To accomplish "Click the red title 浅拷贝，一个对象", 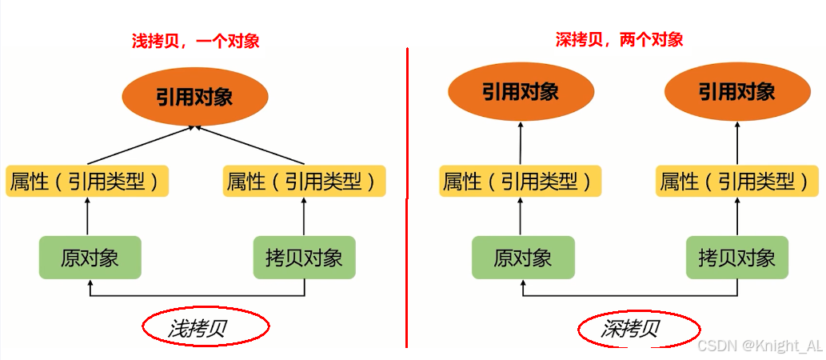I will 195,41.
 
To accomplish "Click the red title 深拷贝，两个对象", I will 619,39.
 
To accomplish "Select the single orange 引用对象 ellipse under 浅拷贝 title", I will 194,97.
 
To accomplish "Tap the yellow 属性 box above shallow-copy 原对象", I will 88,182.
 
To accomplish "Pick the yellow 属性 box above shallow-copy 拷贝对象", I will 304,182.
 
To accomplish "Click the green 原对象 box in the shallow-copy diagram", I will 90,258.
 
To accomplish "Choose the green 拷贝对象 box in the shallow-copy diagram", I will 304,258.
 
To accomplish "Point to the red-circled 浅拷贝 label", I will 206,327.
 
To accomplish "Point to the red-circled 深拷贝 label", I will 639,329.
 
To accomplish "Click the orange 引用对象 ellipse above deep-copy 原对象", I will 521,92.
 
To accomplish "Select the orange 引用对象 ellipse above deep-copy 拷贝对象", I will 736,92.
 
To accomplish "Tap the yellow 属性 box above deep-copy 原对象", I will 521,182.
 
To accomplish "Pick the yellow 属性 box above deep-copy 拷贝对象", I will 736,182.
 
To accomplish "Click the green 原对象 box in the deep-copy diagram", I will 522,258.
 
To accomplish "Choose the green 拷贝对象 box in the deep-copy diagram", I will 736,258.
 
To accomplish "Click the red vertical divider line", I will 407,200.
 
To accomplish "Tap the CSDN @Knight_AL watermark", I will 759,346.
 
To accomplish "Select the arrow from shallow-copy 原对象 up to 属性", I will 88,216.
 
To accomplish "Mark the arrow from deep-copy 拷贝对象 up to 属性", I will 736,216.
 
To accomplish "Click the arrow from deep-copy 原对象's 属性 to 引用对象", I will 521,144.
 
